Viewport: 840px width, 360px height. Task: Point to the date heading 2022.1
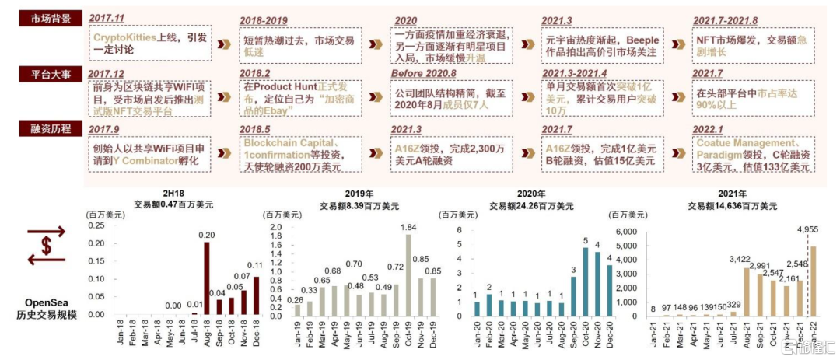709,128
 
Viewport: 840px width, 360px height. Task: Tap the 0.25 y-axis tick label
95,226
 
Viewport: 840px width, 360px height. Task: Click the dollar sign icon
46,245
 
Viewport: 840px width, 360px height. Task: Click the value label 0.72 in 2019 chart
395,267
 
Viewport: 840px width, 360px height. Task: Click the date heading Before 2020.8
426,72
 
